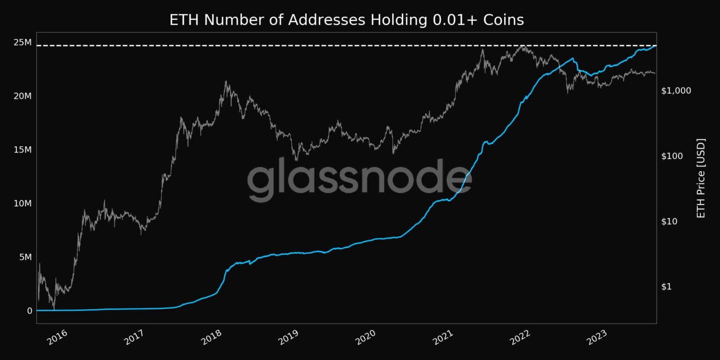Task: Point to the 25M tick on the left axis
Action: pos(22,43)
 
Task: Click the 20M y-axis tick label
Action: pos(22,96)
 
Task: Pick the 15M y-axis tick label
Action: pos(22,150)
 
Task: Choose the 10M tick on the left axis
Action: pos(22,203)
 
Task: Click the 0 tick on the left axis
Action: pos(30,311)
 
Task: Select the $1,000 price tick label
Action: pos(676,90)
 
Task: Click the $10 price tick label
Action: pos(671,221)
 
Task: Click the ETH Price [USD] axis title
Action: pos(701,178)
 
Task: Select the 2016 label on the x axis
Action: pos(57,337)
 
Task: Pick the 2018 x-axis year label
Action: pos(212,337)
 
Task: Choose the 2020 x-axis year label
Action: pos(367,337)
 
